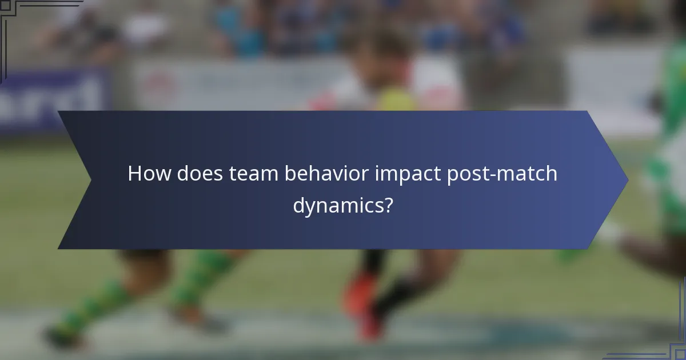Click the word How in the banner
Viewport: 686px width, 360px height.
pyautogui.click(x=149, y=173)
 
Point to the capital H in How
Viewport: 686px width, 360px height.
pyautogui.click(x=134, y=173)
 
